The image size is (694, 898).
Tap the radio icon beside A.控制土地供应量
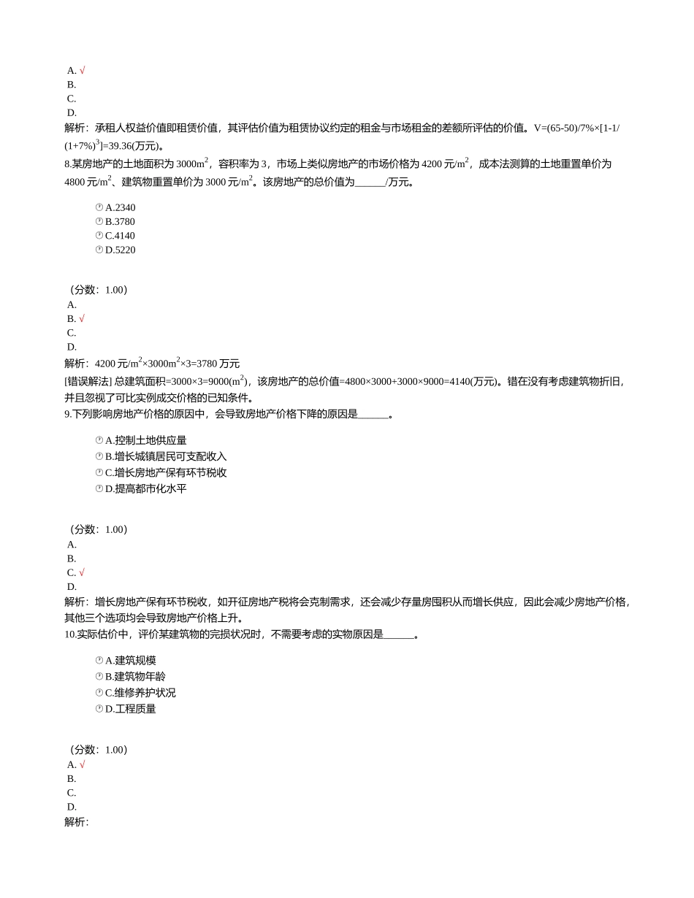pos(99,440)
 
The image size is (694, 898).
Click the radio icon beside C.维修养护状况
pos(99,693)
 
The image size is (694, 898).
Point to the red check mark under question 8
pos(82,319)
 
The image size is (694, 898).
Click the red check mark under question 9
pos(82,573)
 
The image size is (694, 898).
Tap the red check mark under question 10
pos(82,765)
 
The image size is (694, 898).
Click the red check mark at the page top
pos(82,71)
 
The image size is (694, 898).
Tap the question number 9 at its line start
pos(68,415)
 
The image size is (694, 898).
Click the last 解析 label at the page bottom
pos(76,822)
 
